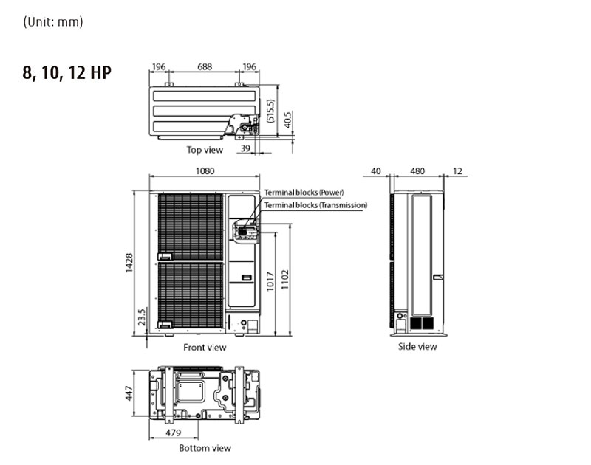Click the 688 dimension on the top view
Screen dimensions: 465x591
coord(205,66)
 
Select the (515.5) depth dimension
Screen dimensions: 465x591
coord(270,110)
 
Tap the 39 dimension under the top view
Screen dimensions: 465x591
coord(246,149)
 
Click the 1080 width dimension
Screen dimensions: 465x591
coord(205,170)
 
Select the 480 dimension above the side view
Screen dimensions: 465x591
coord(417,170)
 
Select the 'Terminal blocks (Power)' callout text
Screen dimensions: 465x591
coord(304,193)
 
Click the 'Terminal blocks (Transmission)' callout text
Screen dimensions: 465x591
coord(315,205)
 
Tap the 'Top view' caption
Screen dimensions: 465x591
coord(205,150)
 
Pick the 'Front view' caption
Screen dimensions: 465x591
coord(205,347)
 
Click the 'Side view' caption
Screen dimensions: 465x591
coord(417,347)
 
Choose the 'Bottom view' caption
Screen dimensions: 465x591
coord(205,448)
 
